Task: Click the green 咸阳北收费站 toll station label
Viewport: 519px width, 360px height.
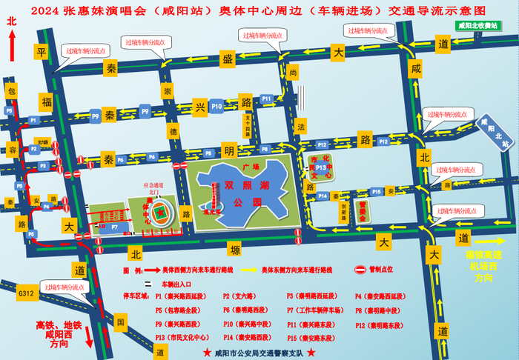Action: [478, 25]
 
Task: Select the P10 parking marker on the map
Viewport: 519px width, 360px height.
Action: [216, 107]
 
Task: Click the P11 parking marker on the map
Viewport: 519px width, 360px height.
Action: [267, 99]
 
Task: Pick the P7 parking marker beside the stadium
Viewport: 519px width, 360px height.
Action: [114, 228]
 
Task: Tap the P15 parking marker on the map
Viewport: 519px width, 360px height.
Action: [377, 191]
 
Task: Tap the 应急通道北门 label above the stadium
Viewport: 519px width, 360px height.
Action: [153, 189]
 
